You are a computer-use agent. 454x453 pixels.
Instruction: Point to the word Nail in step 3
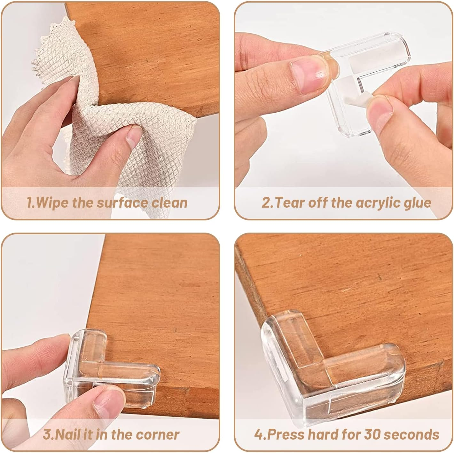tap(69, 434)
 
